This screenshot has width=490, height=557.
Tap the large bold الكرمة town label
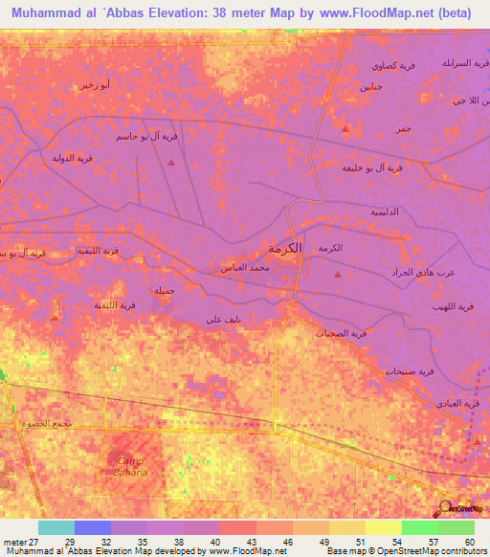[284, 248]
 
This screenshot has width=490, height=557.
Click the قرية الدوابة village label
[44, 159]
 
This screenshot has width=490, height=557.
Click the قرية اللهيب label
[453, 306]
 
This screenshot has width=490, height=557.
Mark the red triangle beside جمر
[345, 127]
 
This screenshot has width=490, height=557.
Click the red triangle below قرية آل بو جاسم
[170, 162]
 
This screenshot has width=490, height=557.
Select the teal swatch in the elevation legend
[56, 527]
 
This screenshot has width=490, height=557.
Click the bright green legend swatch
[420, 527]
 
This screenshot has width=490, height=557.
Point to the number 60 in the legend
[469, 543]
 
